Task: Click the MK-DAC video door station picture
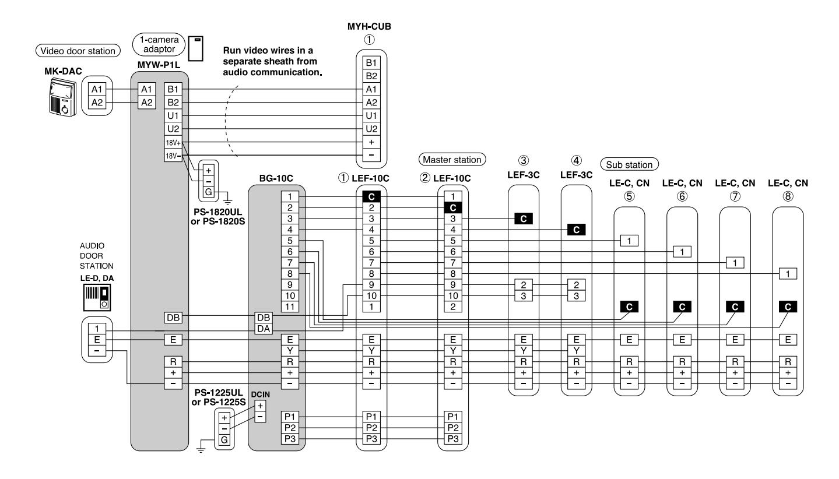point(63,97)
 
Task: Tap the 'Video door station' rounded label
point(78,51)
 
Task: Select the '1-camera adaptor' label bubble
point(159,44)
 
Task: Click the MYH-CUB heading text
point(369,27)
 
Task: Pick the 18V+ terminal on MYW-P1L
point(173,143)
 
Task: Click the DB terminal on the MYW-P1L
point(173,318)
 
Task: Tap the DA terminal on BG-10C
point(264,329)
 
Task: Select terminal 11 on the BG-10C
point(290,307)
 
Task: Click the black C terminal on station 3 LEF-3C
point(524,219)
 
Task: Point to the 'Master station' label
point(452,160)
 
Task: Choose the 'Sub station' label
point(629,165)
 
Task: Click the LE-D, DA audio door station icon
point(97,298)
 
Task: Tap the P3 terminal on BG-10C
point(290,439)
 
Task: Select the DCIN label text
point(260,395)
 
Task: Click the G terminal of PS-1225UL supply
point(224,440)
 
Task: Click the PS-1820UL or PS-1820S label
point(217,217)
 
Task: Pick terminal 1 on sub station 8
point(788,273)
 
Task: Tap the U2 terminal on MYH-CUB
point(371,129)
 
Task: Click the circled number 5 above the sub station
point(629,196)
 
